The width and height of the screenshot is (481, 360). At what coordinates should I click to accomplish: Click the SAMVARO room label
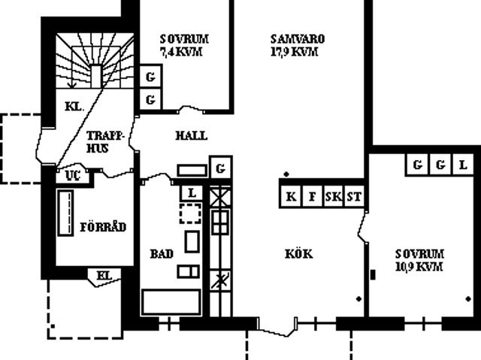298,39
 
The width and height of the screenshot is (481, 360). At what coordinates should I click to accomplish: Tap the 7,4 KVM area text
181,52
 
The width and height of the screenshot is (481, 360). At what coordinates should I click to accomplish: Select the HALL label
192,135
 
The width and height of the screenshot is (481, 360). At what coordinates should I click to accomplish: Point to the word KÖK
299,254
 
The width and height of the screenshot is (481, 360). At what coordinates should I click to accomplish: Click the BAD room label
162,254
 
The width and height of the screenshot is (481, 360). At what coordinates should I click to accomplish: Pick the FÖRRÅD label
103,227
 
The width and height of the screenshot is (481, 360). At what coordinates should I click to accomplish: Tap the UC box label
73,176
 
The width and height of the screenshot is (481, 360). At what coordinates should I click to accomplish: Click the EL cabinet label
104,275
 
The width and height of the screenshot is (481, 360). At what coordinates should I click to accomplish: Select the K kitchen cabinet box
291,197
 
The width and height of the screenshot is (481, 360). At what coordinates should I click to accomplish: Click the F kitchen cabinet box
312,197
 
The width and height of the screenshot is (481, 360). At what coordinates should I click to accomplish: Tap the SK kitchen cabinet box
334,197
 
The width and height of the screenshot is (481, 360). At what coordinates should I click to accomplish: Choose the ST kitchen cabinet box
354,197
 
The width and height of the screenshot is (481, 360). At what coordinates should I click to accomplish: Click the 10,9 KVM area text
419,267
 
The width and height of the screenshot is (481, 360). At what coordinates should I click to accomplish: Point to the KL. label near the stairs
74,107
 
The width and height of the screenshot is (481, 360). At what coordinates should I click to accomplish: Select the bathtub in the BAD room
171,301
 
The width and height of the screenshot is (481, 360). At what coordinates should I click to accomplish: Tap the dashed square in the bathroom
190,213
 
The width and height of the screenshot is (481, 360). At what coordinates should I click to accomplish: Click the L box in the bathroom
192,193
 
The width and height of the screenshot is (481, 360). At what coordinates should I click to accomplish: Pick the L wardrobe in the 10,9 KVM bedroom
463,165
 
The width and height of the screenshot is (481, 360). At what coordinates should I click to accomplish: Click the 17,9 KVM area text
294,52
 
